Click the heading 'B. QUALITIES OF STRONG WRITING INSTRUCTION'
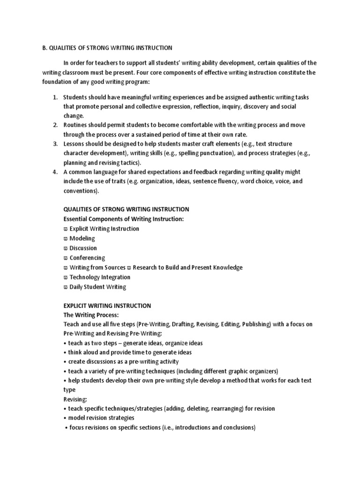(x=105, y=48)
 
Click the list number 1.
(x=54, y=97)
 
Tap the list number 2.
(x=54, y=125)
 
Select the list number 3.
(x=54, y=144)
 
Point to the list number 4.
(x=54, y=172)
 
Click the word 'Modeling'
(x=82, y=239)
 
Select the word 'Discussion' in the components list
(x=83, y=248)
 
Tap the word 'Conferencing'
(x=87, y=258)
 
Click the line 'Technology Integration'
(x=100, y=277)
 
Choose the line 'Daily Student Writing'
(x=97, y=287)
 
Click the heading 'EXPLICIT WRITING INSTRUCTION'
(x=107, y=306)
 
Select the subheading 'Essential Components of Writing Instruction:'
(x=123, y=219)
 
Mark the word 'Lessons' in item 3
(x=74, y=144)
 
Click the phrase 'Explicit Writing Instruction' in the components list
(x=104, y=229)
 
